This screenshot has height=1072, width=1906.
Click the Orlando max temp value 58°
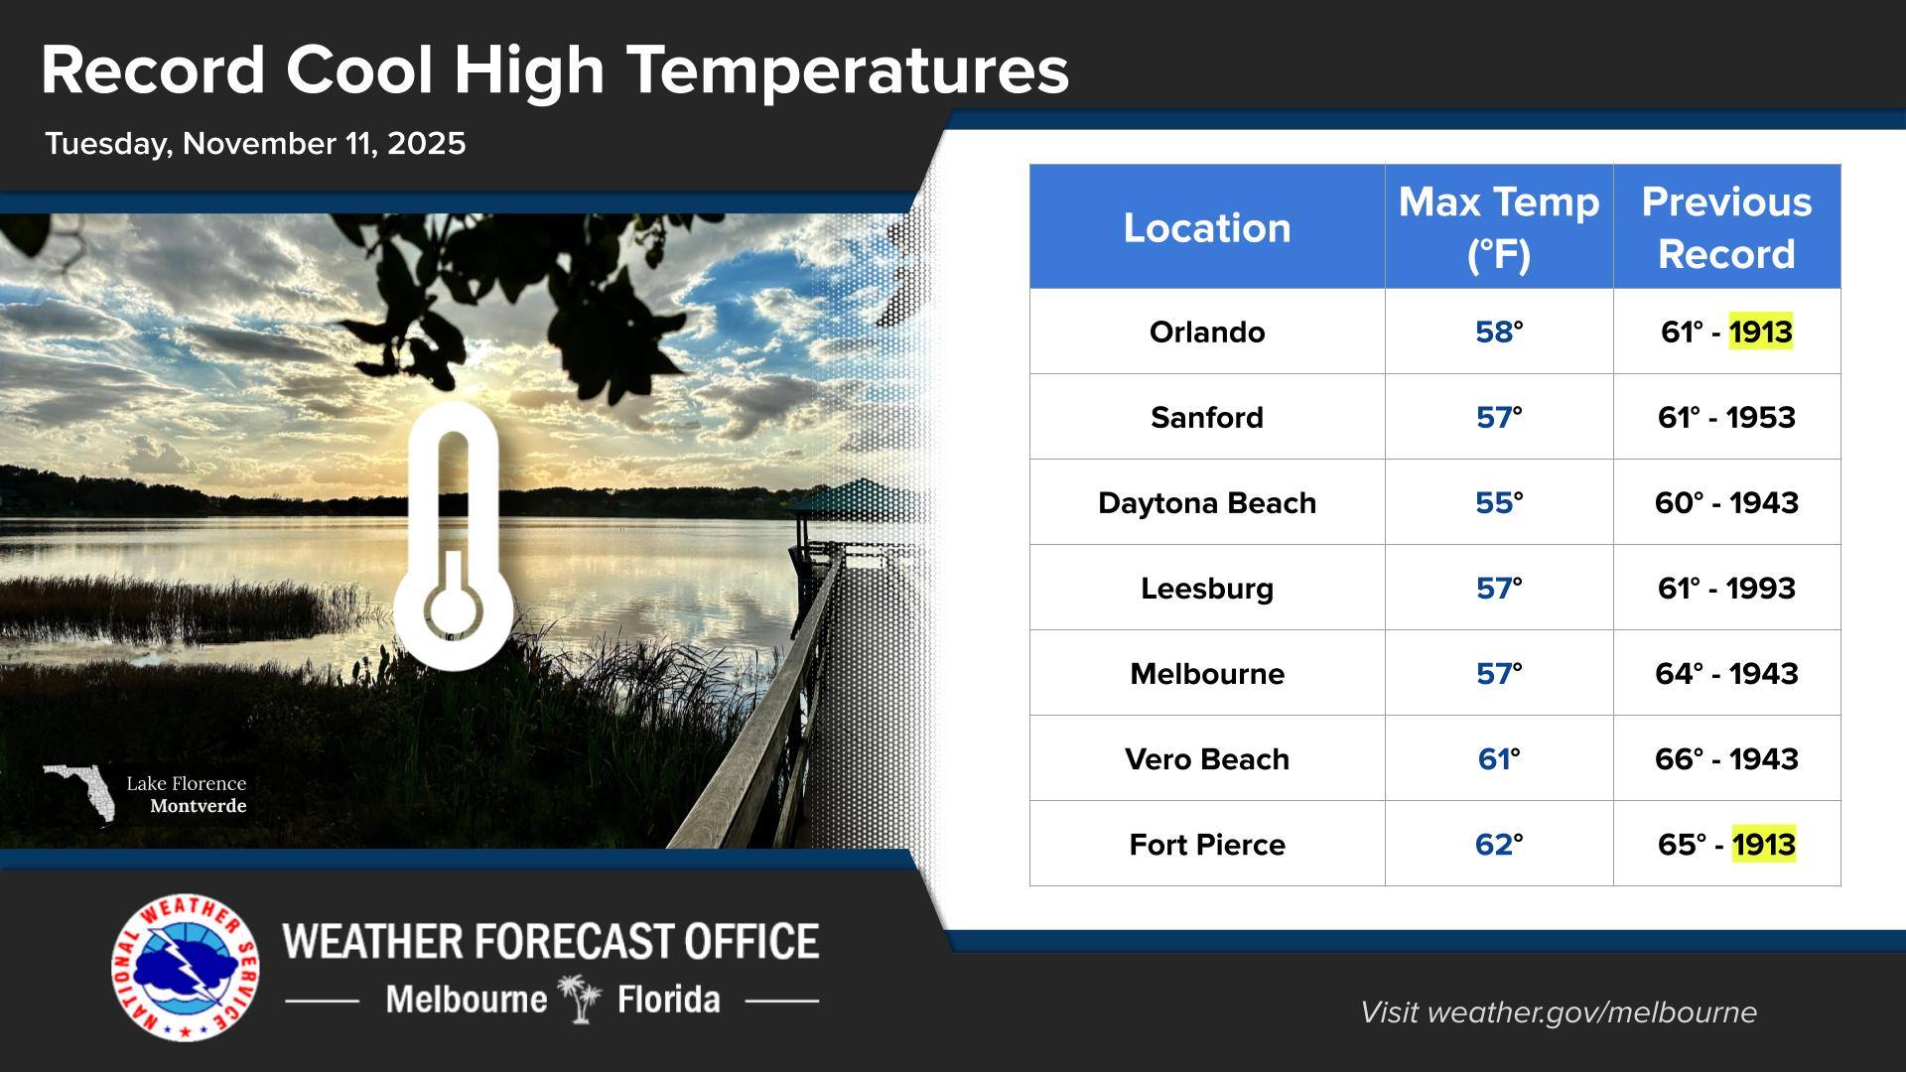pos(1499,332)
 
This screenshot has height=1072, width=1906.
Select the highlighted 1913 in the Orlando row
pos(1760,332)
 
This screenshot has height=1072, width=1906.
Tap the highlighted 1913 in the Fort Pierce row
pos(1763,845)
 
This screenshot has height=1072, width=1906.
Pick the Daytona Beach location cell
pos(1206,503)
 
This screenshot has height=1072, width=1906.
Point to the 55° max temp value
pos(1499,503)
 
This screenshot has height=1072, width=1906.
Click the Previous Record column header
pos(1726,227)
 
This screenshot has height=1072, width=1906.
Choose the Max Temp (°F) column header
pos(1499,227)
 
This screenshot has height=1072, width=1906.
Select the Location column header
pos(1206,228)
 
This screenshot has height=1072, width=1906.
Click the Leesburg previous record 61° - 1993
pos(1726,589)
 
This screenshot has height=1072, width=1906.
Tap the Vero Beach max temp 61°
pos(1499,759)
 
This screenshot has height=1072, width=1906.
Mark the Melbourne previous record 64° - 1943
pos(1726,674)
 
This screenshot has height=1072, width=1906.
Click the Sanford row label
pos(1206,418)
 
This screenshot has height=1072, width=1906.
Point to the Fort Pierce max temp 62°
pos(1499,845)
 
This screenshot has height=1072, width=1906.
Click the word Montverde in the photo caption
pos(198,806)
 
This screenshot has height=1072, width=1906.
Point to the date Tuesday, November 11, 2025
pos(255,144)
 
